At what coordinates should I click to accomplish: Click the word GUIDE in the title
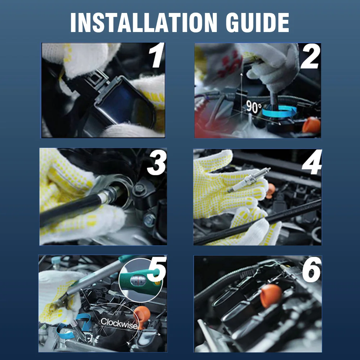[257, 22]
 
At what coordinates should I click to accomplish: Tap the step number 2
[310, 57]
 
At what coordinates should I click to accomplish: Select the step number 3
[157, 163]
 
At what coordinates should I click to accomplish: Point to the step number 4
[312, 162]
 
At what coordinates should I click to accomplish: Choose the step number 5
[157, 269]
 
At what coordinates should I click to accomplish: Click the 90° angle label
[254, 107]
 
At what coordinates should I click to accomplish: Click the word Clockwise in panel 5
[119, 324]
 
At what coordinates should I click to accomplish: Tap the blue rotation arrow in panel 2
[279, 112]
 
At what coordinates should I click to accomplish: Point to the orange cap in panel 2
[311, 125]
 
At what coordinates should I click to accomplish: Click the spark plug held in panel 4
[249, 180]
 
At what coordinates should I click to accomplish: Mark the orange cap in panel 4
[270, 190]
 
